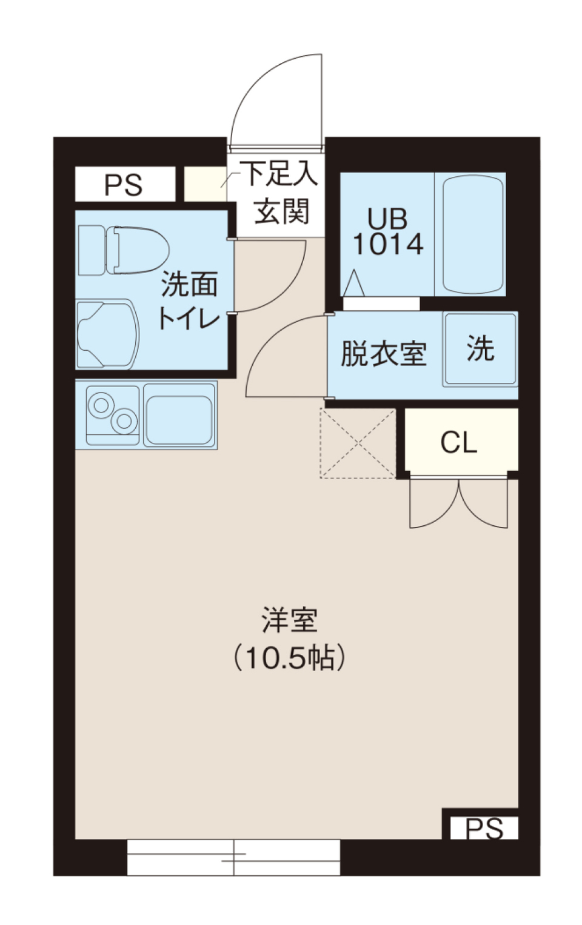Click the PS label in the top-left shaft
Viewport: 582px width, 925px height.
point(123,185)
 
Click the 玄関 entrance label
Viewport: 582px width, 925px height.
point(282,211)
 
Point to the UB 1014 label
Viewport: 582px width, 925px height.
point(388,231)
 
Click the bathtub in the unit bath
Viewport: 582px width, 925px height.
point(473,234)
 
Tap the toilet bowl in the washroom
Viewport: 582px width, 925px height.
point(137,250)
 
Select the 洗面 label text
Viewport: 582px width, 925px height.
point(189,284)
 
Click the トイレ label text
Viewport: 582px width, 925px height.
point(189,317)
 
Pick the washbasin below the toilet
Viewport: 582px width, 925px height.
point(109,334)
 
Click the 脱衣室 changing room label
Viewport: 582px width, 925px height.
point(383,354)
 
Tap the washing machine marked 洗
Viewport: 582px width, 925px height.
point(480,350)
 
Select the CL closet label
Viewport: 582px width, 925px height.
point(458,442)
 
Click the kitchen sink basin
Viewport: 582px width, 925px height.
point(180,415)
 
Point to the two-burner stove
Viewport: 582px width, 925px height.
point(112,415)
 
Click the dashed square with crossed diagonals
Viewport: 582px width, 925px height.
point(358,443)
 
